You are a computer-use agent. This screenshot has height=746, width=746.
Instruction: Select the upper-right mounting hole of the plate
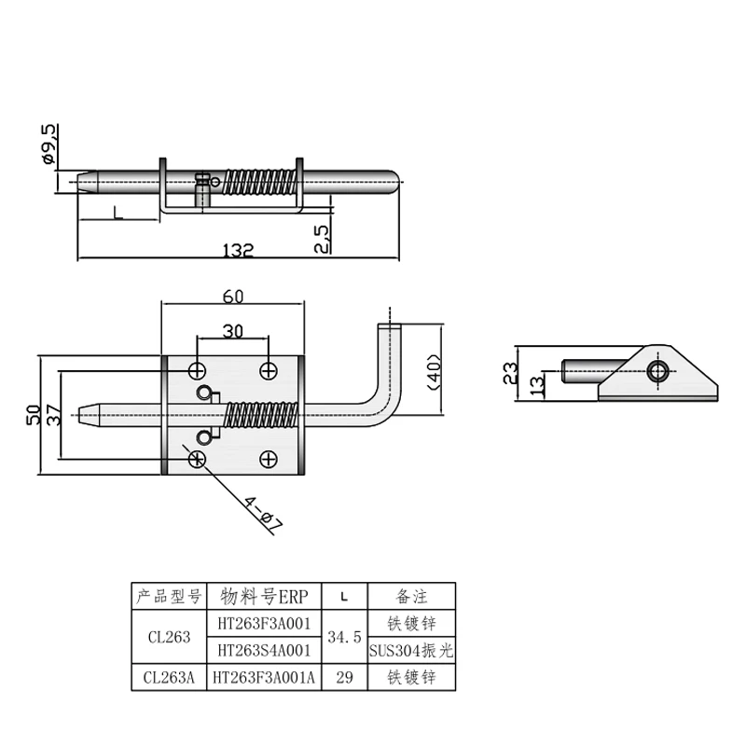(x=268, y=370)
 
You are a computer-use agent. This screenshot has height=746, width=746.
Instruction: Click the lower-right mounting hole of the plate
(x=268, y=458)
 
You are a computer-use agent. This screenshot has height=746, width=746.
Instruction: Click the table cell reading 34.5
(x=344, y=638)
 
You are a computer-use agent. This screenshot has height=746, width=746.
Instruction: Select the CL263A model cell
(x=169, y=678)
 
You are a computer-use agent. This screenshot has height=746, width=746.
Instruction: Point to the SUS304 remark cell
(x=411, y=651)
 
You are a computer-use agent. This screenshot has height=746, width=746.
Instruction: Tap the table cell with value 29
(x=344, y=678)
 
